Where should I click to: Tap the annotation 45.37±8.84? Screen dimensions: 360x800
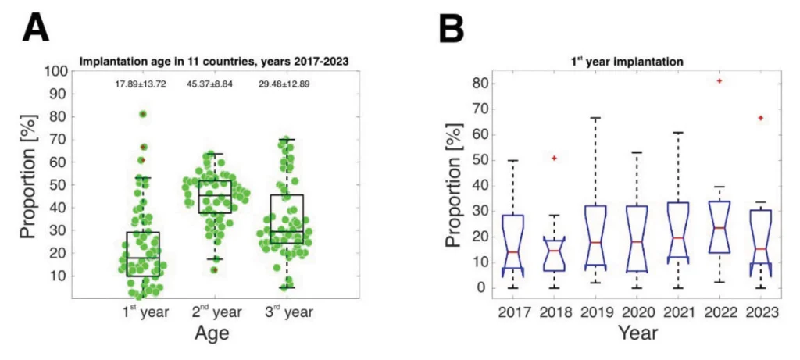click(x=212, y=84)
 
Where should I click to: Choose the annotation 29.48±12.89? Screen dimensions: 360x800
click(x=284, y=84)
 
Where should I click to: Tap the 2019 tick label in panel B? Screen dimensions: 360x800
click(x=595, y=312)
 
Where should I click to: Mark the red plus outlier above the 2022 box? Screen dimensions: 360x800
click(x=719, y=80)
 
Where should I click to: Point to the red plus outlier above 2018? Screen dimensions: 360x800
click(x=554, y=158)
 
